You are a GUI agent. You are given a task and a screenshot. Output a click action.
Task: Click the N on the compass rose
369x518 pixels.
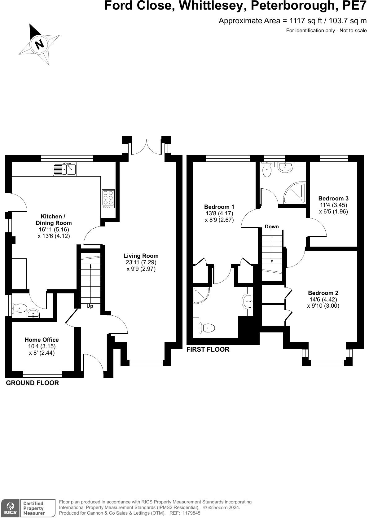tap(40, 43)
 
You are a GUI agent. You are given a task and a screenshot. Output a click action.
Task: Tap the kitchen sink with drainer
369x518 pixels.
tap(65, 169)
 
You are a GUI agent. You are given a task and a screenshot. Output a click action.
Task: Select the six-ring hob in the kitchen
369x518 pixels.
tap(108, 199)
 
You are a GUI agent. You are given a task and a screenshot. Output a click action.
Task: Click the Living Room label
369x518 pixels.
tap(141, 256)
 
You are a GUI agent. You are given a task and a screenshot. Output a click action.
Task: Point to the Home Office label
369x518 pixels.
tap(42, 340)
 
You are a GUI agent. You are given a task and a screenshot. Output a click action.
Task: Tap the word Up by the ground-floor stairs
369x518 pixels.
tap(90, 306)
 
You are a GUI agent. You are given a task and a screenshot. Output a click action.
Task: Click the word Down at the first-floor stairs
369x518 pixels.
tap(272, 227)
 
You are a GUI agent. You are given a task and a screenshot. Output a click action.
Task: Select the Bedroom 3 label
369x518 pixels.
tap(333, 198)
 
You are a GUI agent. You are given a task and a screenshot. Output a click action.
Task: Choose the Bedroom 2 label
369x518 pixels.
tap(323, 293)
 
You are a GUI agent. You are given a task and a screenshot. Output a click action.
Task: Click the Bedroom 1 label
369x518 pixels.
tap(219, 207)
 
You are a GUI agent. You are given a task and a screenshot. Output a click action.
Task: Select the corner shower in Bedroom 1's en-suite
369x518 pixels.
tap(201, 296)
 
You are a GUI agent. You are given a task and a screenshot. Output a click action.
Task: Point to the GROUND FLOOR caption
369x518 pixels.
tap(32, 383)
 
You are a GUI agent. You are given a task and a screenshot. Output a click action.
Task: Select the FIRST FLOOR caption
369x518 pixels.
tap(208, 349)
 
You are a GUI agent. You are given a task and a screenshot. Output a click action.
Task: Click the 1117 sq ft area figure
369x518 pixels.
tap(306, 21)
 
